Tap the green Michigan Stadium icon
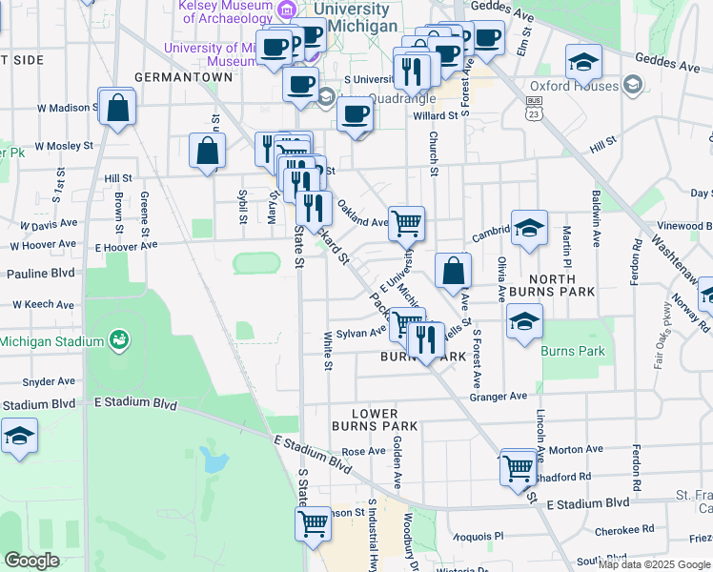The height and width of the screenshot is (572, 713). [x=119, y=339]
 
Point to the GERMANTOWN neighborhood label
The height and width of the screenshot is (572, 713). [x=184, y=76]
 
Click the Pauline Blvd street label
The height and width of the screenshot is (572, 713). [x=40, y=274]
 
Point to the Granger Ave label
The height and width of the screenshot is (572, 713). [x=499, y=396]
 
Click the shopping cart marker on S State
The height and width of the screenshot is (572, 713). [x=314, y=522]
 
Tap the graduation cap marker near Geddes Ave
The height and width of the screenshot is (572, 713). [x=583, y=63]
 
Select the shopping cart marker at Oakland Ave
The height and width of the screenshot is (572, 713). [x=407, y=222]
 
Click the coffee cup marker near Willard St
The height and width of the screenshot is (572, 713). [x=355, y=114]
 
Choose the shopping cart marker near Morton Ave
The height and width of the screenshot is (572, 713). [x=518, y=467]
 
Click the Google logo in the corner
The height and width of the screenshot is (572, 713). [x=31, y=561]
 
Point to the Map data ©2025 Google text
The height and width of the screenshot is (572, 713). [x=654, y=564]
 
